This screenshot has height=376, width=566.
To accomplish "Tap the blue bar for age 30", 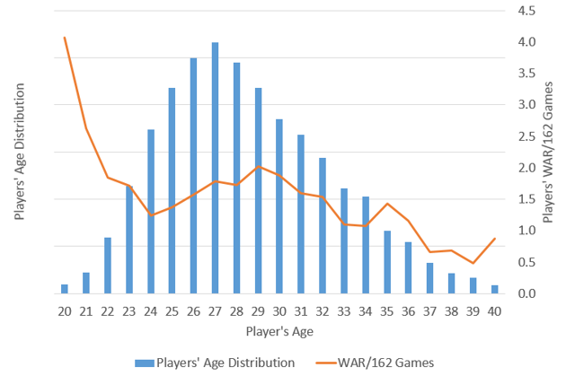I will pyautogui.click(x=279, y=206).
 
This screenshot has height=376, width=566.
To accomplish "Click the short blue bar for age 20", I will pyautogui.click(x=65, y=288).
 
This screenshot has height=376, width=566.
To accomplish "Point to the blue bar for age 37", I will pyautogui.click(x=429, y=278).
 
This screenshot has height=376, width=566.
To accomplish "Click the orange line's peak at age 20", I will pyautogui.click(x=65, y=38).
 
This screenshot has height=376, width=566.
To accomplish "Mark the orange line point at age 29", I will pyautogui.click(x=259, y=167).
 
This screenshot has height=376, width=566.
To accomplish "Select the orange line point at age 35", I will pyautogui.click(x=387, y=204).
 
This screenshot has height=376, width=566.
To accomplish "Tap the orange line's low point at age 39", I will pyautogui.click(x=473, y=263).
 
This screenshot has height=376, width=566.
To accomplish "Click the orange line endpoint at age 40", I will pyautogui.click(x=494, y=239).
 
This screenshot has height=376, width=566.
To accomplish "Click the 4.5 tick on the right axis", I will pyautogui.click(x=527, y=11).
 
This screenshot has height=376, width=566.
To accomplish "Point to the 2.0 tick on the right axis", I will pyautogui.click(x=527, y=168).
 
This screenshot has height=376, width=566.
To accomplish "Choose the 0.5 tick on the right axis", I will pyautogui.click(x=527, y=262).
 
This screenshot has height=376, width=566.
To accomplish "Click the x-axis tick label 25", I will pyautogui.click(x=172, y=310).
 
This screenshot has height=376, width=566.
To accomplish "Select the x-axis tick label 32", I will pyautogui.click(x=323, y=310).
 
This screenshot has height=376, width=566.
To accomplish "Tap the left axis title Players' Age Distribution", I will pyautogui.click(x=20, y=153).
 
